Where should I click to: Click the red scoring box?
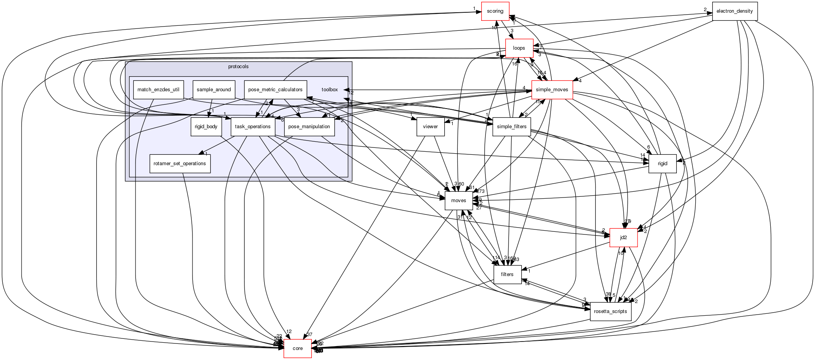click(495, 11)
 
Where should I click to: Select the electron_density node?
click(735, 11)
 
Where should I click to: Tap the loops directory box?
click(519, 48)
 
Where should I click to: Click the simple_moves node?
click(552, 90)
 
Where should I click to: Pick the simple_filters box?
click(512, 127)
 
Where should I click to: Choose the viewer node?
click(430, 127)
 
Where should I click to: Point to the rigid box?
click(662, 164)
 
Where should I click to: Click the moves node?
click(459, 201)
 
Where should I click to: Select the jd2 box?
click(623, 238)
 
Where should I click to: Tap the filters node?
click(507, 275)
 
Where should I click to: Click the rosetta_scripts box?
click(610, 311)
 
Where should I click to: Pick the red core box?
click(298, 348)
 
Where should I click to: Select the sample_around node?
click(214, 90)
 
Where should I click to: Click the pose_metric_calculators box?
click(275, 90)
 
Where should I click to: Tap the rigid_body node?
click(206, 127)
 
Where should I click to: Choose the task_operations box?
click(253, 127)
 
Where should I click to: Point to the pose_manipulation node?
click(309, 127)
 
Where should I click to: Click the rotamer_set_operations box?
click(180, 164)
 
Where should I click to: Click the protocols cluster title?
click(238, 67)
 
